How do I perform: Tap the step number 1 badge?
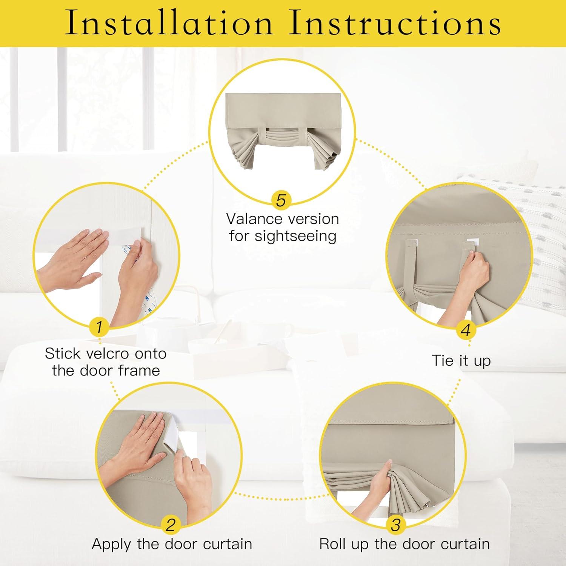[x=99, y=327]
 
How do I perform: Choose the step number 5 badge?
[x=281, y=200]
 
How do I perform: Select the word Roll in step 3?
[x=332, y=544]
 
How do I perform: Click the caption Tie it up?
[x=461, y=361]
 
